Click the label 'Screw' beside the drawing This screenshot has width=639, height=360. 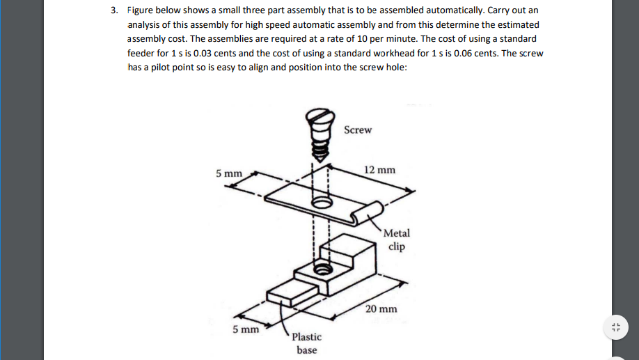(x=358, y=130)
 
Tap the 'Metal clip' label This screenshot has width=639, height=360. (x=397, y=240)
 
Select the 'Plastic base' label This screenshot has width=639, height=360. (x=306, y=343)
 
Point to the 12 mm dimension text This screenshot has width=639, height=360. (x=380, y=170)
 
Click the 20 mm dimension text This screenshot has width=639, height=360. (x=381, y=308)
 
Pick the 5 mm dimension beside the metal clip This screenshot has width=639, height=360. (x=229, y=173)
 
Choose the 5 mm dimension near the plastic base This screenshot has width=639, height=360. (x=246, y=329)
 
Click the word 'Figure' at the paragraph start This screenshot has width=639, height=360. (x=142, y=10)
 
